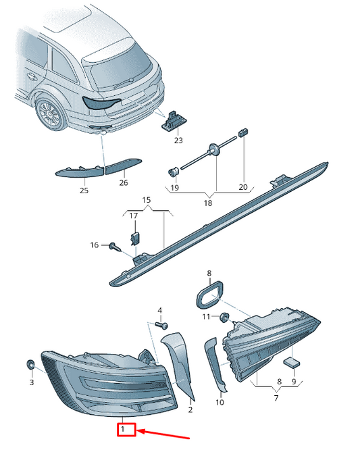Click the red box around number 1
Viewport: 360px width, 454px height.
click(126, 430)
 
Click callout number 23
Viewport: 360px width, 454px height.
click(178, 141)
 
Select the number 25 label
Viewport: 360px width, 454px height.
click(84, 191)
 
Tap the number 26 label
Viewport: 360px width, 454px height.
click(124, 182)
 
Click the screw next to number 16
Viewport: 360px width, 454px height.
click(115, 247)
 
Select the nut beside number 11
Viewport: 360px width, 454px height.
click(224, 317)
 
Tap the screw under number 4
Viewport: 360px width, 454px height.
click(162, 325)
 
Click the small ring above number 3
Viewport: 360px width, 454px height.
click(30, 364)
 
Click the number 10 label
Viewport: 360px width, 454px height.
click(220, 402)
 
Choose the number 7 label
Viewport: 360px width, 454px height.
click(276, 398)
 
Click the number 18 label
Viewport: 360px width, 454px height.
click(208, 203)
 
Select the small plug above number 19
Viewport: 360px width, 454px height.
click(173, 172)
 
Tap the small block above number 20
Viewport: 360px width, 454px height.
click(243, 132)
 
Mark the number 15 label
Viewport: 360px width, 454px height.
click(147, 200)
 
